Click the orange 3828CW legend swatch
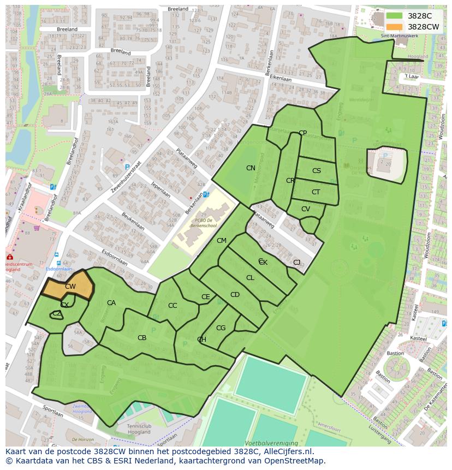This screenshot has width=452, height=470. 394,27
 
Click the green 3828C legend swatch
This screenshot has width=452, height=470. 394,16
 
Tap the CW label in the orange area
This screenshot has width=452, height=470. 70,286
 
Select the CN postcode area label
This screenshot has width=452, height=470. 251,168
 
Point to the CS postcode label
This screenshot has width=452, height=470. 317,171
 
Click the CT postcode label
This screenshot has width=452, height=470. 316,192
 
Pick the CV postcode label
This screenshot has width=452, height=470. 306,209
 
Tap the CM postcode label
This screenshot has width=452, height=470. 221,241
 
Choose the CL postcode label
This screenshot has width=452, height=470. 250,278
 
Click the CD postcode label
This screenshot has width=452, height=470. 235,295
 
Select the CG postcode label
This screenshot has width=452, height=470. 221,328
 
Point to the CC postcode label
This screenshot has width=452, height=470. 173,306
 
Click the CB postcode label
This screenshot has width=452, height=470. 142,338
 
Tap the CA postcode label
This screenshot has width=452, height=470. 111,303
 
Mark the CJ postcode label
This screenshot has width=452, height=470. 296,263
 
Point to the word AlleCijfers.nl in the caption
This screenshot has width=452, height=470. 294,451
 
